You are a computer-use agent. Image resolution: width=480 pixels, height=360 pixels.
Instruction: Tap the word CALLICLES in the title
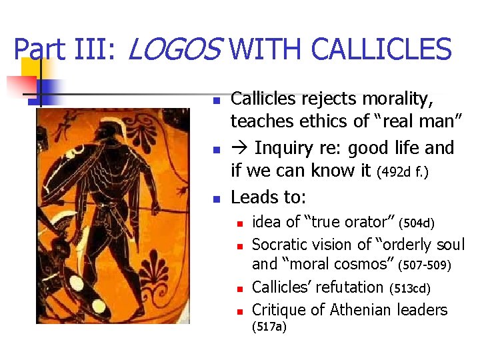coord(381,50)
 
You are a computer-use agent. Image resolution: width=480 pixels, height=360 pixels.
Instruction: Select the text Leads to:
coord(269,197)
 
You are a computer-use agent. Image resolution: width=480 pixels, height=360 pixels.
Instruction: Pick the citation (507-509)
coord(424,266)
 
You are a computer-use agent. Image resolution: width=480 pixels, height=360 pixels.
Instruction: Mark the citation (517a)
coord(269,327)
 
